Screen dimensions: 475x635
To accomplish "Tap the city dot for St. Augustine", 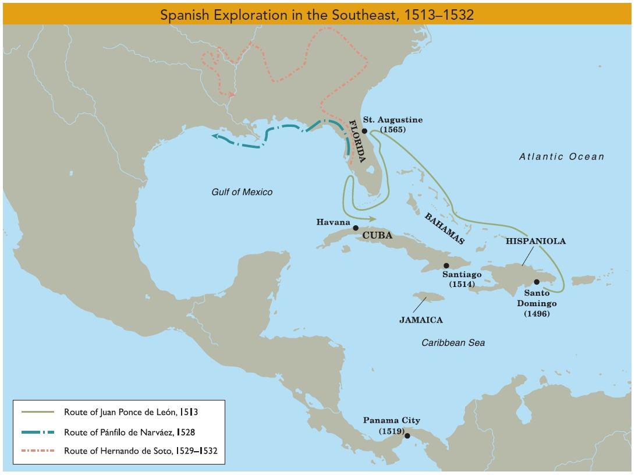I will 364,132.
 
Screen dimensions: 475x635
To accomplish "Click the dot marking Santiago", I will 446,265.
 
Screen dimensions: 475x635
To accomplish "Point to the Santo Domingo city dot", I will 537,282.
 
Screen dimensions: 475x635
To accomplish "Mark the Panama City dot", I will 407,435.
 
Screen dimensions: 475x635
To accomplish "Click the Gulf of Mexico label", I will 242,192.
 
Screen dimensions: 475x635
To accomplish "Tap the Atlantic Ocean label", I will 562,156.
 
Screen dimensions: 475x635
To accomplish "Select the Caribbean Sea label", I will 453,343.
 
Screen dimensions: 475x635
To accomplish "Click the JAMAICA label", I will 421,320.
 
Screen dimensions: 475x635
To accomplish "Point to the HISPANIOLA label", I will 535,240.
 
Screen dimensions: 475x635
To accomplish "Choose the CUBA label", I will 377,236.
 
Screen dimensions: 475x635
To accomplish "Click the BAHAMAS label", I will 445,228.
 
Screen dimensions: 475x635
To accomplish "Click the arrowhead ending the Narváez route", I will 214,136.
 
